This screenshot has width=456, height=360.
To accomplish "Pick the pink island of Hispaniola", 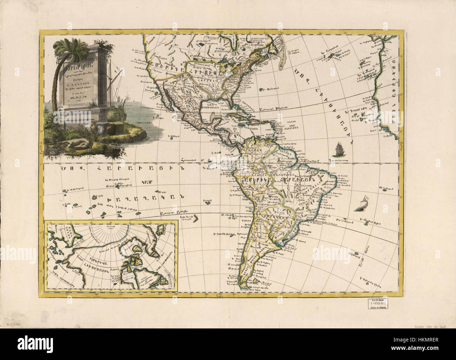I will [x=258, y=121].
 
